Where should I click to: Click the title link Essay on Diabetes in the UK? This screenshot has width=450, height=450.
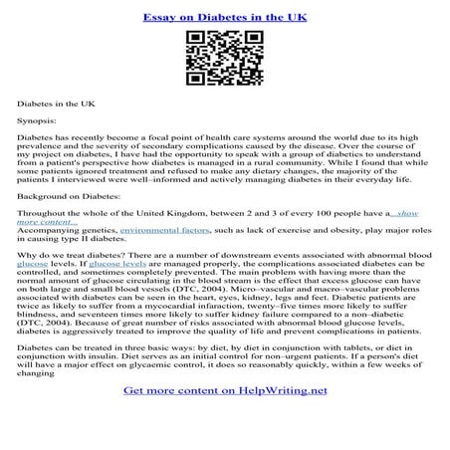click(224, 17)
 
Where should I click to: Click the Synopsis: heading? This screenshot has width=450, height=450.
click(36, 118)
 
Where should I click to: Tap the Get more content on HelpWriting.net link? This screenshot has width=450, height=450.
click(224, 418)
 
